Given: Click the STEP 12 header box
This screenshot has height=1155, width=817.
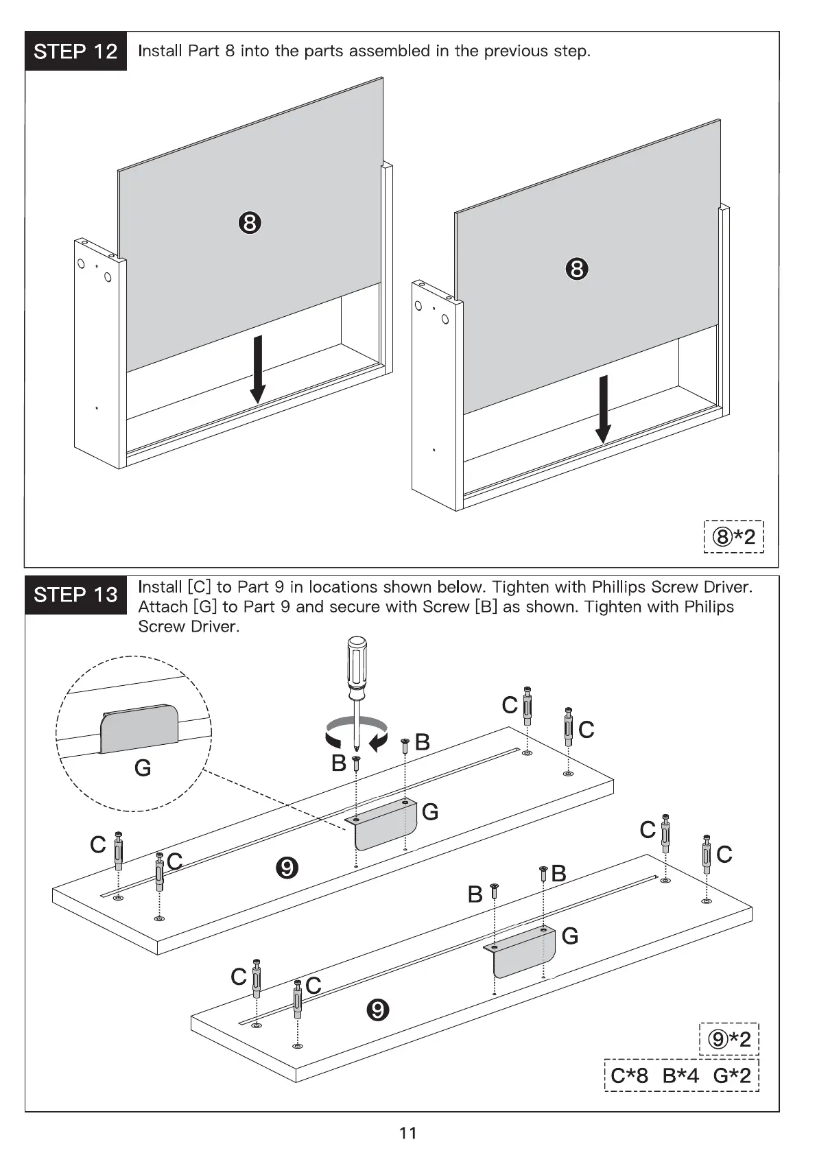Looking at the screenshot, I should click(76, 51).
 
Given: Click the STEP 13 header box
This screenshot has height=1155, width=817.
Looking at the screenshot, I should click(76, 595).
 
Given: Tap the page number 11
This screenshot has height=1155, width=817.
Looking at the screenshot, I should click(408, 1133).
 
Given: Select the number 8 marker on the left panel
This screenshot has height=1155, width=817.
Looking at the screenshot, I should click(250, 223).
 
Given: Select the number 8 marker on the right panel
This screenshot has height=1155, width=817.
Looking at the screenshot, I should click(577, 269).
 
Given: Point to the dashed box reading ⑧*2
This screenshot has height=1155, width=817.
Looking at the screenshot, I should click(734, 536).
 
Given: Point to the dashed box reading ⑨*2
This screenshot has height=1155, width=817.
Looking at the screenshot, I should click(730, 1040).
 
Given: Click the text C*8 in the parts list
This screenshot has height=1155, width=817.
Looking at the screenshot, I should click(629, 1075).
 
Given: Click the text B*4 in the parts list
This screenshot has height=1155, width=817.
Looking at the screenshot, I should click(680, 1075).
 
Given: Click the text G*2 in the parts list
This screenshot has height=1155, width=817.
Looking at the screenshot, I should click(732, 1075).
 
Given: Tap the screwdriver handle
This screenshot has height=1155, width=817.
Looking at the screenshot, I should click(356, 662).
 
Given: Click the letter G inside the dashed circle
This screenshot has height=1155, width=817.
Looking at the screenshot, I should click(143, 767).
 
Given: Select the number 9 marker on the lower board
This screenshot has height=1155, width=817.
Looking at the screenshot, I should click(377, 1010).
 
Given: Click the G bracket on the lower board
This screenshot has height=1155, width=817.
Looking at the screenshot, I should click(524, 953).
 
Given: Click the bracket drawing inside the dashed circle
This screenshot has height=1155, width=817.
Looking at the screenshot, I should click(139, 728).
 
